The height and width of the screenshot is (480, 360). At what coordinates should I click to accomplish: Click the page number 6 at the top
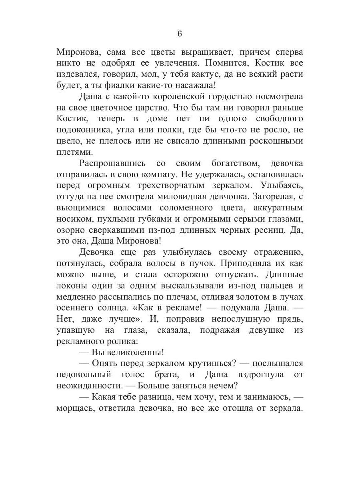tap(180, 34)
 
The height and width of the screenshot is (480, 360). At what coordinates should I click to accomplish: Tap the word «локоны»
tap(71, 285)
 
